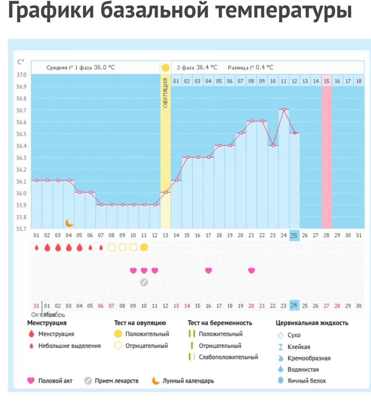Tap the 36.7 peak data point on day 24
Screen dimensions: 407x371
(x=284, y=109)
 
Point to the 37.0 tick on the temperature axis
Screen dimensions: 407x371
(x=21, y=75)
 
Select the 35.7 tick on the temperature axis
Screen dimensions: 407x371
(x=21, y=229)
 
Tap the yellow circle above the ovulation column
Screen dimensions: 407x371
(x=165, y=68)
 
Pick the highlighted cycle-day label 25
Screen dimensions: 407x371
(x=294, y=236)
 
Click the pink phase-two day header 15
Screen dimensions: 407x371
(x=327, y=81)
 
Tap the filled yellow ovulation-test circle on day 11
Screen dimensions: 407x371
(x=144, y=247)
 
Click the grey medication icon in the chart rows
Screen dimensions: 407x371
(x=144, y=282)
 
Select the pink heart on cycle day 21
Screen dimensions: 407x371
(x=251, y=270)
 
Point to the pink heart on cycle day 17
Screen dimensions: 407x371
(x=209, y=270)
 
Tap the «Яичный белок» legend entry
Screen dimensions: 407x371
(x=307, y=381)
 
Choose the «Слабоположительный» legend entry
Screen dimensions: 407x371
(x=228, y=357)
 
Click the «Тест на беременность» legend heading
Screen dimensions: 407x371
(x=220, y=323)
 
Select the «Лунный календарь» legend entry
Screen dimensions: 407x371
(x=188, y=381)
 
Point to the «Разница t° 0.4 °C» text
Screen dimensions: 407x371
(x=250, y=68)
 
